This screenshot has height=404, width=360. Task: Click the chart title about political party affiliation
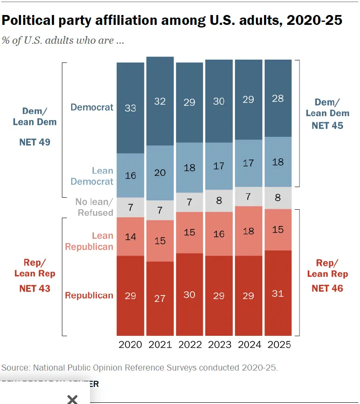[x=172, y=21]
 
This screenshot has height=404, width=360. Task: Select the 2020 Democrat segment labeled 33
[x=130, y=108]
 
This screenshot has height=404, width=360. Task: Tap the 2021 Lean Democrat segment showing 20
[x=160, y=172]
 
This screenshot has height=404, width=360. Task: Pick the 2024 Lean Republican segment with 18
[x=248, y=231]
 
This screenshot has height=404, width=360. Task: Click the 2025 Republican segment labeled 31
[x=278, y=293]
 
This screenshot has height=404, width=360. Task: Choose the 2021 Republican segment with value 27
[x=160, y=298]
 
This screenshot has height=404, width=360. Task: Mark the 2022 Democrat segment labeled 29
[x=189, y=103]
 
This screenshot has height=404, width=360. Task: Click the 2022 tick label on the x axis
[x=189, y=345]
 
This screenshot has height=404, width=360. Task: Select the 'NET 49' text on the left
[x=35, y=142]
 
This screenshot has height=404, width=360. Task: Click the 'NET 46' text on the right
[x=327, y=288]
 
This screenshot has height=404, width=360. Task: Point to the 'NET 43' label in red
[x=35, y=288]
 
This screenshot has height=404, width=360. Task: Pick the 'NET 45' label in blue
[x=327, y=125]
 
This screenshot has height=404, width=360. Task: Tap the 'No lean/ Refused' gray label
[x=94, y=207]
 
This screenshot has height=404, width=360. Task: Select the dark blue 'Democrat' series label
[x=92, y=107]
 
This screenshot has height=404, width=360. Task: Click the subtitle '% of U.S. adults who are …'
[x=63, y=41]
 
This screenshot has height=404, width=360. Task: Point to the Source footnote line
[x=140, y=368]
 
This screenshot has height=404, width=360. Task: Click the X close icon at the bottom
[x=72, y=399]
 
